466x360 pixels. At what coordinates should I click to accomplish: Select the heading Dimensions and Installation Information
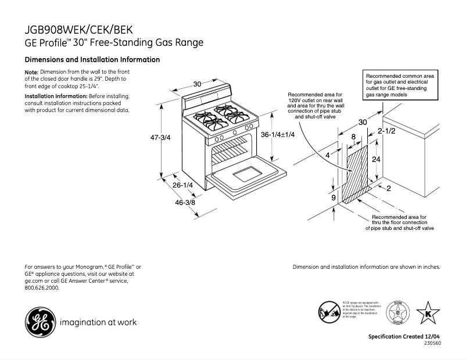(x=92, y=60)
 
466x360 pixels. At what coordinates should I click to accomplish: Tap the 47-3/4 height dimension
(x=160, y=138)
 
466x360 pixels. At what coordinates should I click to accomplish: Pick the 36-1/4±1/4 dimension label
(x=278, y=135)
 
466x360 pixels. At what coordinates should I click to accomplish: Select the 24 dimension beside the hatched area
(x=377, y=158)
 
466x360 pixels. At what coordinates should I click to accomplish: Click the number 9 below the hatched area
(x=334, y=198)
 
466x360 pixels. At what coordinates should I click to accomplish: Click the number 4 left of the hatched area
(x=328, y=156)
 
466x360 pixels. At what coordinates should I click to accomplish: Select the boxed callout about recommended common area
(x=401, y=85)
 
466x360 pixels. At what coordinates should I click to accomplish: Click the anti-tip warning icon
(x=329, y=312)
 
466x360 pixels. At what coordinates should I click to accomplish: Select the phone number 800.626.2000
(x=42, y=287)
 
